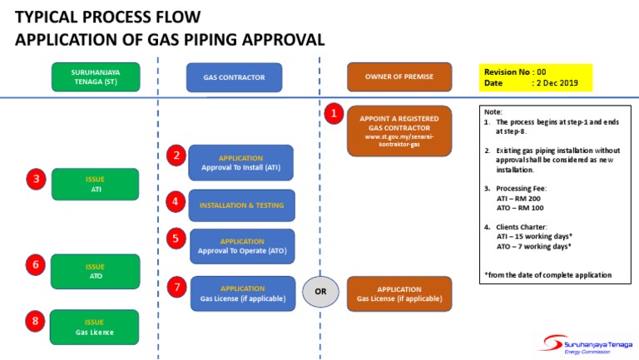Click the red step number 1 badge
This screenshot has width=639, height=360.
(x=334, y=112)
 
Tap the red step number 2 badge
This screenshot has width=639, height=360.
(x=176, y=155)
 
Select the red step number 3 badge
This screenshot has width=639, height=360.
(x=36, y=179)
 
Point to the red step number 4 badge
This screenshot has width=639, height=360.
(x=176, y=201)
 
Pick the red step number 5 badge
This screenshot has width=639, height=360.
(x=176, y=239)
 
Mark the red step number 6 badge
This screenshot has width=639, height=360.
(x=36, y=265)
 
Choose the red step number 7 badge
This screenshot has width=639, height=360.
(x=176, y=287)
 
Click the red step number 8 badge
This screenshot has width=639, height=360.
(x=36, y=320)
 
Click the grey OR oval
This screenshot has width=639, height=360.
(x=320, y=292)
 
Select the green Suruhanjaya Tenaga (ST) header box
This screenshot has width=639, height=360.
(x=95, y=76)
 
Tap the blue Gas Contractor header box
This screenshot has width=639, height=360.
(x=234, y=77)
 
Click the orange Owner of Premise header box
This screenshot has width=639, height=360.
(x=399, y=77)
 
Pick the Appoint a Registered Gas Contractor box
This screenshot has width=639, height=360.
(x=399, y=130)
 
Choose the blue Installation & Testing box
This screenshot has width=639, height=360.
(x=240, y=205)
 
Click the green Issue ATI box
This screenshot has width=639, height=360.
(x=95, y=184)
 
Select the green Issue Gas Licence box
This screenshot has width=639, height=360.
(x=94, y=327)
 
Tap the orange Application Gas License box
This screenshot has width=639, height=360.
(x=399, y=293)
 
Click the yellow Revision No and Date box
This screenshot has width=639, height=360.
(x=536, y=78)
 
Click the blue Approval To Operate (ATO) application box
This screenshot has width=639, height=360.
(x=242, y=246)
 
